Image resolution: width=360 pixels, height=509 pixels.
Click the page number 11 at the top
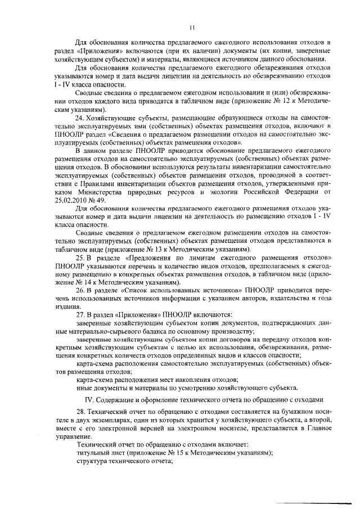(x=192, y=26)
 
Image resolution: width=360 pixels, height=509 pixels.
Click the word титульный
(x=93, y=452)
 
